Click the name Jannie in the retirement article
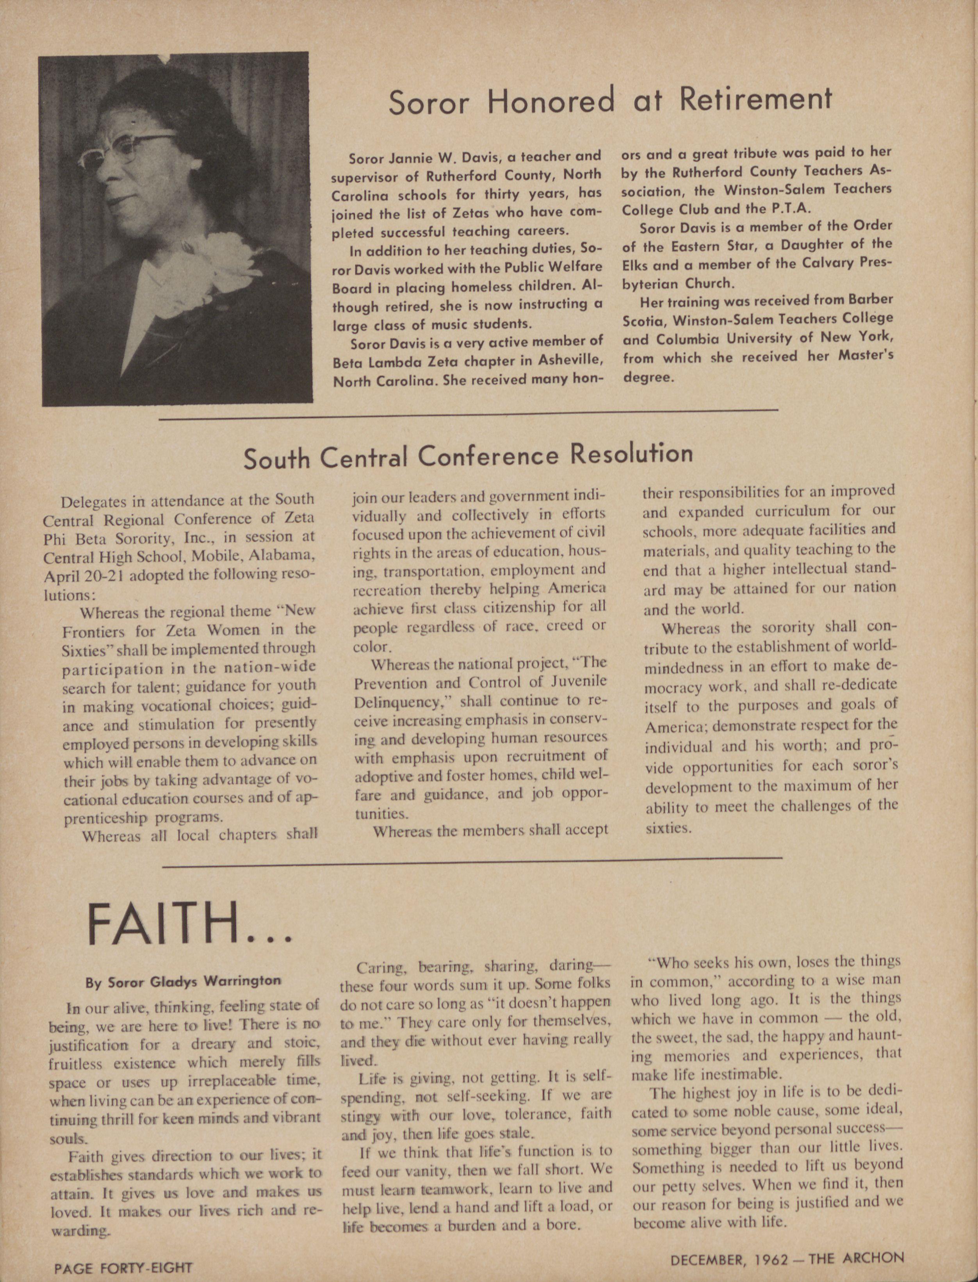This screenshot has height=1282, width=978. (x=409, y=158)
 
